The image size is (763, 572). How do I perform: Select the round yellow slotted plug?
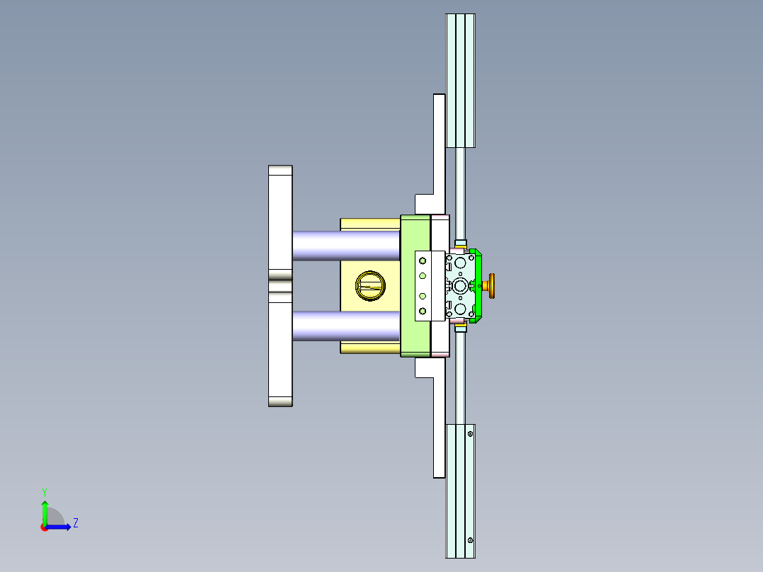point(370,285)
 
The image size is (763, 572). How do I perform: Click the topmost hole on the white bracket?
point(423,261)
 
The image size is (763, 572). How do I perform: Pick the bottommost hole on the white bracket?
point(423,311)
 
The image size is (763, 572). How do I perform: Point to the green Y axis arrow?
point(44,510)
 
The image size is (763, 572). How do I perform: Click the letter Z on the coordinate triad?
point(75,523)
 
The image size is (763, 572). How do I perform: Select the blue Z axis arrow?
point(61,527)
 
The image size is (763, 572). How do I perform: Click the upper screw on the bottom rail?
point(470,433)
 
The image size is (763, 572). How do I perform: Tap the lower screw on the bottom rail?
point(470,540)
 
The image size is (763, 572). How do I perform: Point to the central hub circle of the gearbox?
point(461,286)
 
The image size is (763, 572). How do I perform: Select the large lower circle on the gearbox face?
point(461,309)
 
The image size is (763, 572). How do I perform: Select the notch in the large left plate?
point(281,286)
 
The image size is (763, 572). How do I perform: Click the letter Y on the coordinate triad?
point(44,491)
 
